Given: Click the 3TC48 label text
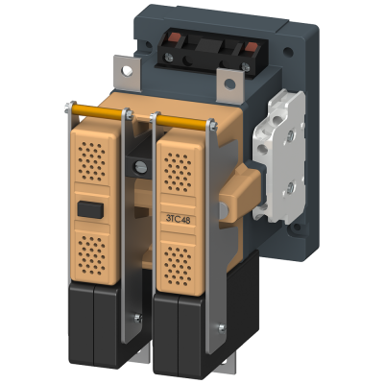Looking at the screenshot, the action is [179, 219].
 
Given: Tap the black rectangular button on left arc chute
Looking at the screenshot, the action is [90, 209].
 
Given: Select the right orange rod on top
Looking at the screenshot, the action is [182, 122].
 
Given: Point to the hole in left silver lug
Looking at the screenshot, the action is [127, 70].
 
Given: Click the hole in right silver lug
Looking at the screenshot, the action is [229, 84].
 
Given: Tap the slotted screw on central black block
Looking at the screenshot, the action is [140, 166].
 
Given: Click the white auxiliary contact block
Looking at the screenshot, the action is [277, 156].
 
